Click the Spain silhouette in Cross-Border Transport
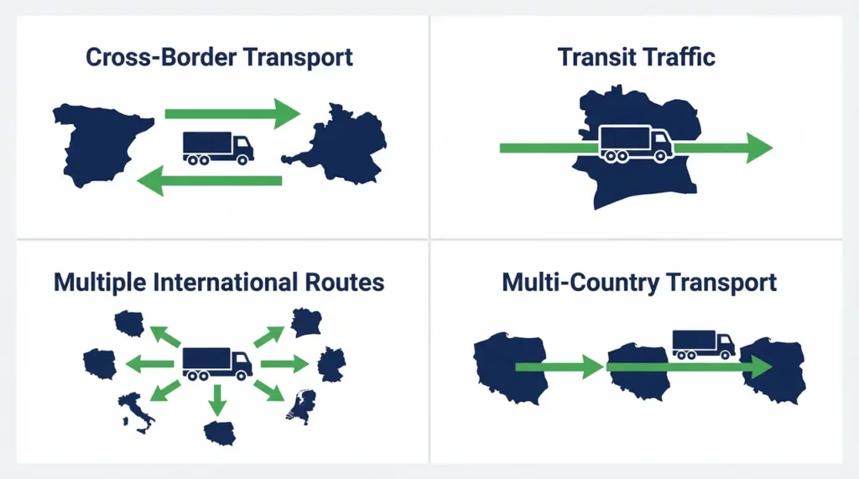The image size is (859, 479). (99, 143)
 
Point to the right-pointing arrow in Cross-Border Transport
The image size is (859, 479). (233, 113)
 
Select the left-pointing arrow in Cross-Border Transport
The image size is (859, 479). (209, 181)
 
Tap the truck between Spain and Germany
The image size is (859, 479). (218, 148)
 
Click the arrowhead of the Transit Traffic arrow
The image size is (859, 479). (759, 148)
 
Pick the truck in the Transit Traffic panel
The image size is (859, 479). (636, 143)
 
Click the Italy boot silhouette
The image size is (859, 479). (137, 413)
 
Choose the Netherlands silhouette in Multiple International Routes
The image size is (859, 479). (302, 405)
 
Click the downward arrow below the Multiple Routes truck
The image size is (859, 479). (217, 401)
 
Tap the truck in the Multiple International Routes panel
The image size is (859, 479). (217, 363)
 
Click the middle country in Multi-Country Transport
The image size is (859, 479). (638, 372)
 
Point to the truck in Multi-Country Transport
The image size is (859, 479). (704, 345)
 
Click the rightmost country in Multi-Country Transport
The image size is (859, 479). (773, 371)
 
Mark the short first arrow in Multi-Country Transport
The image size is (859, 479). (560, 367)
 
